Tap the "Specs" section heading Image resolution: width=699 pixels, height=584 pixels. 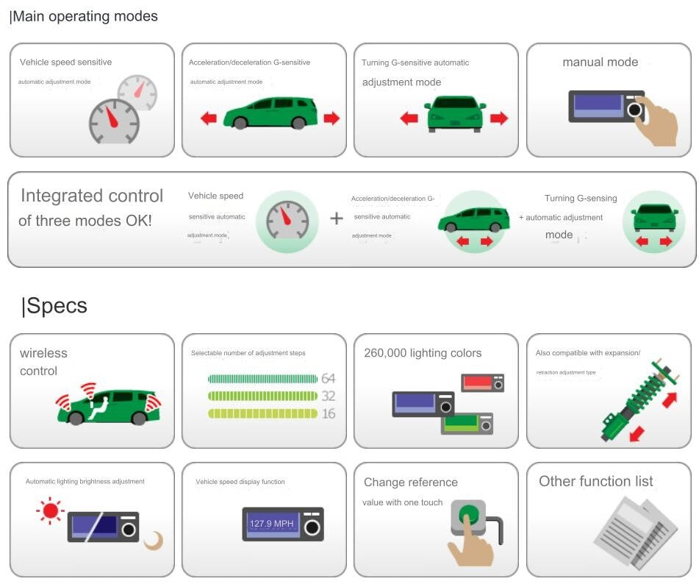pos(56,306)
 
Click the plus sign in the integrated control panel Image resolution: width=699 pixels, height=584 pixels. pos(337,218)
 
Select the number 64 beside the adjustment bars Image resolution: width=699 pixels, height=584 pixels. pos(328,379)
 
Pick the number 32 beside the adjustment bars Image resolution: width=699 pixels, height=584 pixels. pos(328,396)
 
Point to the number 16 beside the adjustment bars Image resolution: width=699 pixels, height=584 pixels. pos(328,413)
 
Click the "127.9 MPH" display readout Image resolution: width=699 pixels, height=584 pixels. pos(272,524)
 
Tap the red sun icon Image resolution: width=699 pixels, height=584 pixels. pos(51,510)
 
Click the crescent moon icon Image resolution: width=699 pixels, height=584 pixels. pos(154,541)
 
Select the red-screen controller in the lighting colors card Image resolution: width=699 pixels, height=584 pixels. pos(482,383)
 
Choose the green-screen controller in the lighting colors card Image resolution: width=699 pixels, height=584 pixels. pos(467,423)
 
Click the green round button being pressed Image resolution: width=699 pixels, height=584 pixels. pos(467,515)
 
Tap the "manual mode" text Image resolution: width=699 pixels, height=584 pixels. pos(600,63)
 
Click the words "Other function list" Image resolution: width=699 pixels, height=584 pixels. pos(595,482)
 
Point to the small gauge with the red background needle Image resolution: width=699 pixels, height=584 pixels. pos(137,92)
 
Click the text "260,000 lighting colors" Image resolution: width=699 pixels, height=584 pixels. pos(423,353)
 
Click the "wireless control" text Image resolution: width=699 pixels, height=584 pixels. pos(43,362)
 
